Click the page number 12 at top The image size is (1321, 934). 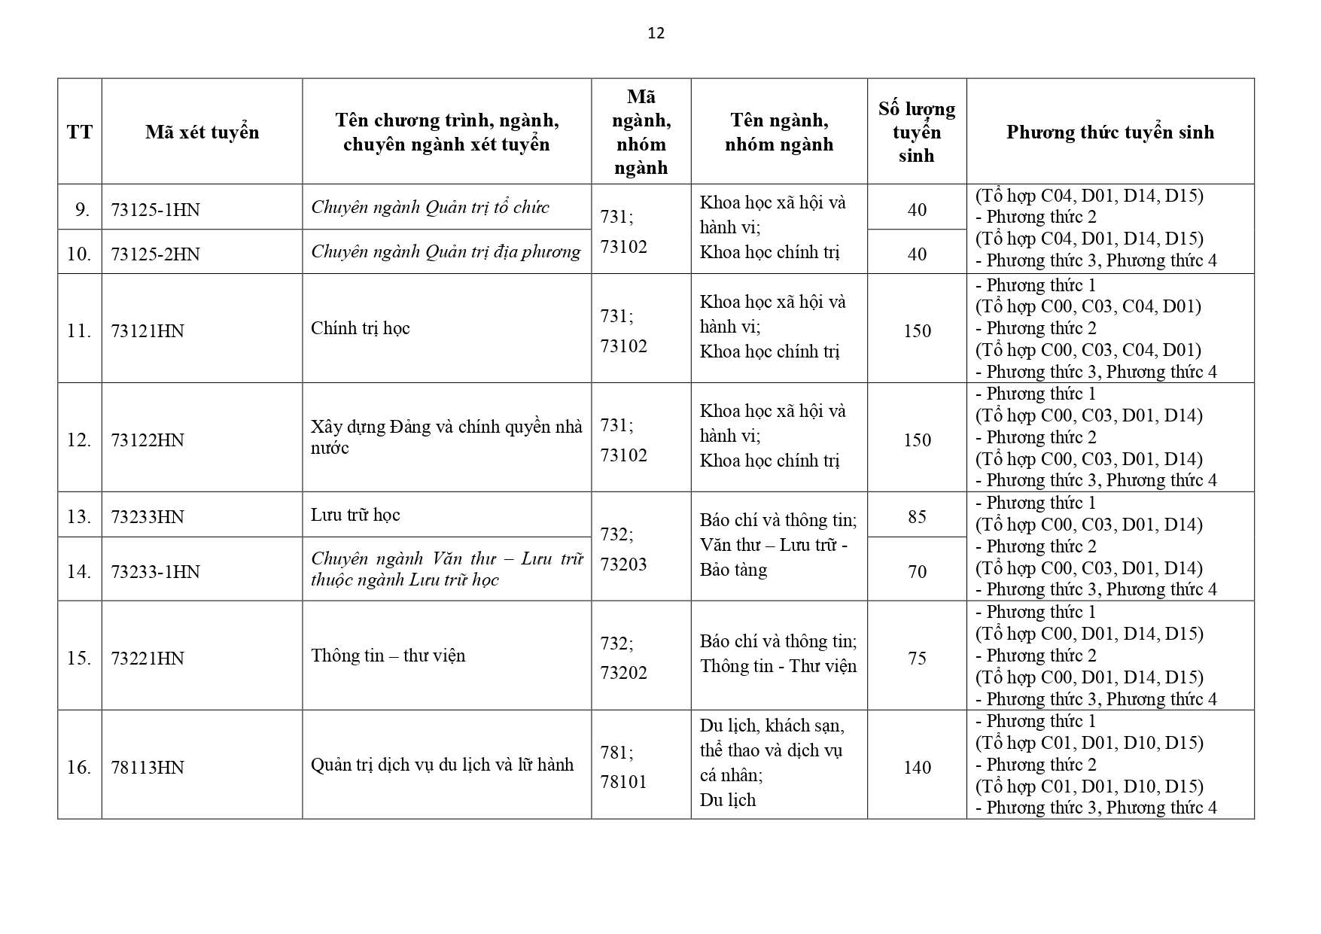pos(656,33)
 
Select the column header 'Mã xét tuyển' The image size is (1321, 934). pos(202,132)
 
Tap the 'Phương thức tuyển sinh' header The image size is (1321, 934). pos(1109,132)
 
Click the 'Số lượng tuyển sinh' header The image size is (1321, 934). pos(916,132)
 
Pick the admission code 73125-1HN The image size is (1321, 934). pos(155,210)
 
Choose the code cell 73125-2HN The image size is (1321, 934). pos(155,254)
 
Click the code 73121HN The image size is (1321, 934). pos(147,331)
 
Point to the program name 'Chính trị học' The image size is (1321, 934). pos(360,328)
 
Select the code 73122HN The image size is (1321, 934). pos(147,440)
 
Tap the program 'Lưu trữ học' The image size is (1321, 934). pos(355,515)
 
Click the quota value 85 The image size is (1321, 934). pos(916,517)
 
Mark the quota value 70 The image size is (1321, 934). pos(916,572)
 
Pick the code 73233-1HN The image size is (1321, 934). pos(155,572)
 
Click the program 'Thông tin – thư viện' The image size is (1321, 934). pos(388,656)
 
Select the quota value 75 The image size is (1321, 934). pos(916,659)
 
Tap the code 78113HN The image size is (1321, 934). pos(147,768)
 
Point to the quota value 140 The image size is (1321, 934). pos(916,768)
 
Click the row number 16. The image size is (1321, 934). pos(78,768)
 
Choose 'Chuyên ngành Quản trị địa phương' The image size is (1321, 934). pos(446,251)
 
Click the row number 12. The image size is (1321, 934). pos(78,440)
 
